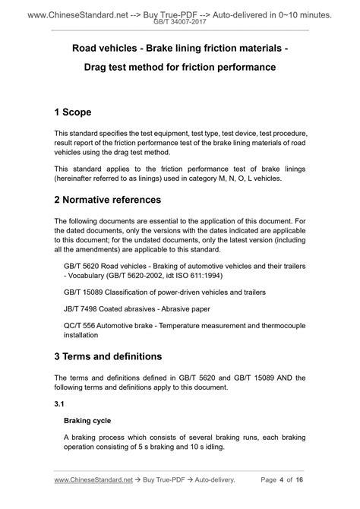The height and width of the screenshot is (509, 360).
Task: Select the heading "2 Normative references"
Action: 118,200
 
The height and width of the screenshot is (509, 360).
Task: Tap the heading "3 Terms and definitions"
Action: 108,356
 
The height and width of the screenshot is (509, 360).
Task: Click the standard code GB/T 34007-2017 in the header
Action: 180,24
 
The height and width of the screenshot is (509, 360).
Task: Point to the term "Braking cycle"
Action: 87,420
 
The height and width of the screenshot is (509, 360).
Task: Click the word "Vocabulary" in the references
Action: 93,277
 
